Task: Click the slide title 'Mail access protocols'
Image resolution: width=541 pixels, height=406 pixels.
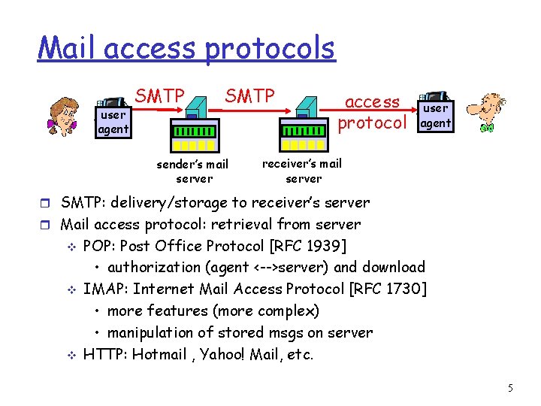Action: pos(186,49)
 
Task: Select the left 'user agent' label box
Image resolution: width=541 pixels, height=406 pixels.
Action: pos(113,123)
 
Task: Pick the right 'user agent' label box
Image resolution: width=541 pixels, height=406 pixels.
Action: pos(435,117)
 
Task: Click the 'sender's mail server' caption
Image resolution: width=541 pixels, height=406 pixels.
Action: pos(192,171)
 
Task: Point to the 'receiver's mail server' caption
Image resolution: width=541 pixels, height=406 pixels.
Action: pos(302,171)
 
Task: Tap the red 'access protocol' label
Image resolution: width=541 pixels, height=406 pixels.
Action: pos(373,112)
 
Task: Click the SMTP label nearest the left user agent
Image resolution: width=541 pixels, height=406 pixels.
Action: pos(159,96)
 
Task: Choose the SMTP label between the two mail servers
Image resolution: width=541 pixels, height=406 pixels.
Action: pos(249,96)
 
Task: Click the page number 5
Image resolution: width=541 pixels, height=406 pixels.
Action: pos(510,388)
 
